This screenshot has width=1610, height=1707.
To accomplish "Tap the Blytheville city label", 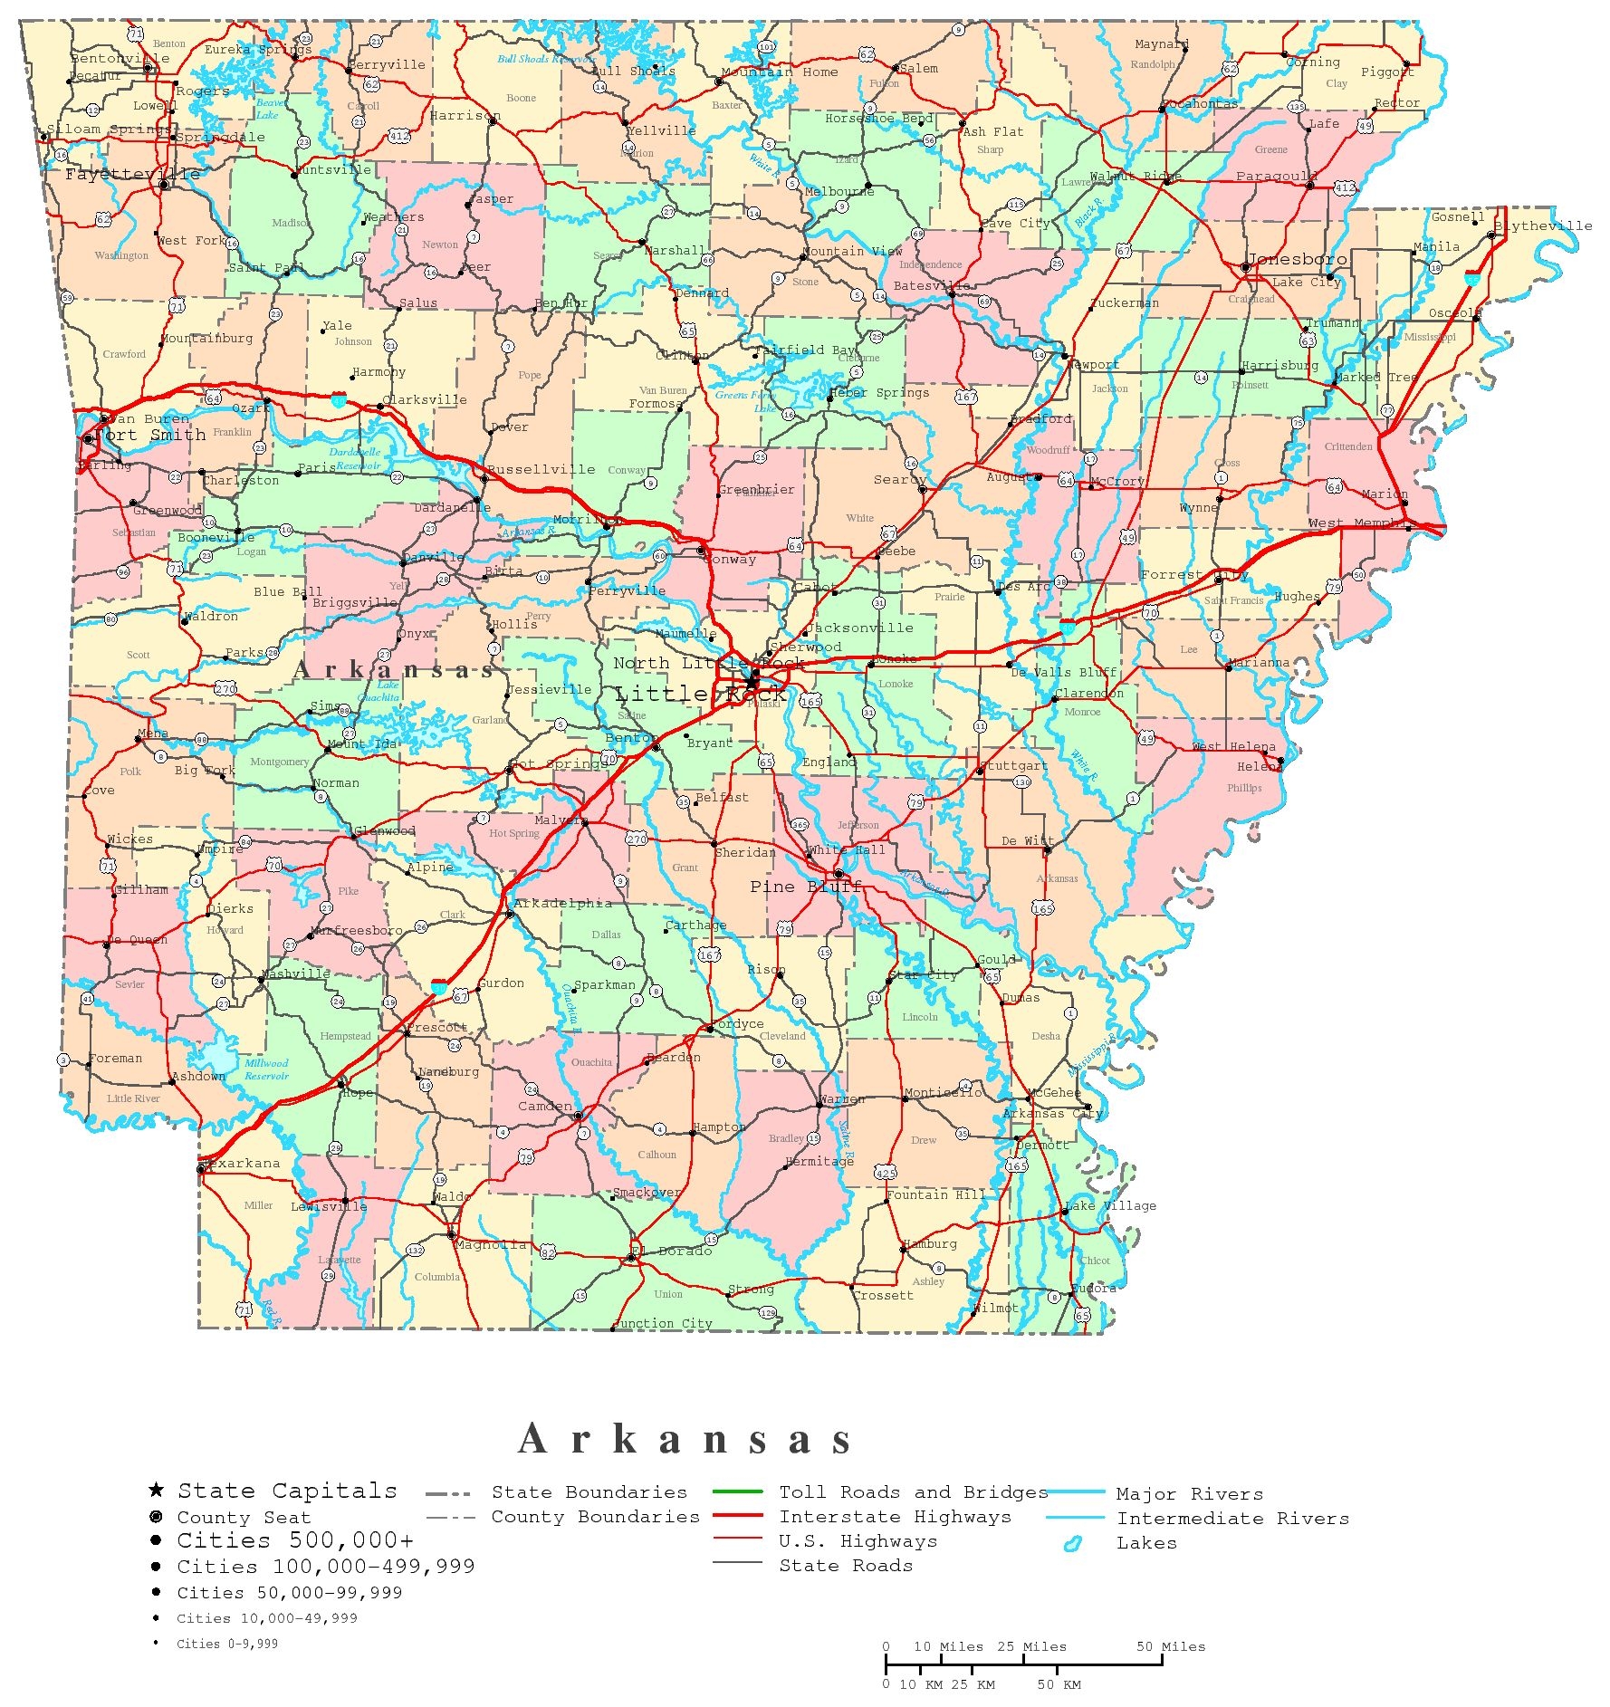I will point(1542,226).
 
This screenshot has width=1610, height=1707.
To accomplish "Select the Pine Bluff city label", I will point(805,887).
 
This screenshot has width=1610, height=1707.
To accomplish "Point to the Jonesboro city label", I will point(1297,259).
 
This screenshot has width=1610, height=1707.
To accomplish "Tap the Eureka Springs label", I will point(257,50).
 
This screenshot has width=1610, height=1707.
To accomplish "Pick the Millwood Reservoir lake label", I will point(266,1069).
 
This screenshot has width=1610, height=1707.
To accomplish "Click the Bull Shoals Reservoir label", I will point(546,59).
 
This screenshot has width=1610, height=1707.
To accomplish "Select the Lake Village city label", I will point(1110,1205).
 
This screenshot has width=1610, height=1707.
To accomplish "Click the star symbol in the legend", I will point(156,1490).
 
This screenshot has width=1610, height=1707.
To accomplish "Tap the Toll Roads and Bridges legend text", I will point(913,1491).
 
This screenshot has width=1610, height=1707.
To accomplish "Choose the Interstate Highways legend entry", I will point(895,1516).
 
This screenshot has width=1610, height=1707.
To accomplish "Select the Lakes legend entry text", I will point(1146,1542).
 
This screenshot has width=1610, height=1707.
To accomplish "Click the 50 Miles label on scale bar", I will point(1171,1646).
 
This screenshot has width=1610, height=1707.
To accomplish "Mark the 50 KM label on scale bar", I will point(1059,1684).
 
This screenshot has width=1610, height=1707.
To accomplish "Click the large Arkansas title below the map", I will point(685,1439).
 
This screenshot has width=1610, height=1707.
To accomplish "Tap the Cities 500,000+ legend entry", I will point(295,1540).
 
